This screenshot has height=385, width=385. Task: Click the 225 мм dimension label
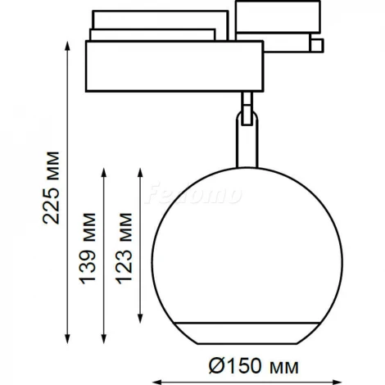click(51, 188)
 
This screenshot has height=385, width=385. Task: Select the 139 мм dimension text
click(88, 248)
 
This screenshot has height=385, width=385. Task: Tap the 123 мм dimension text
click(124, 248)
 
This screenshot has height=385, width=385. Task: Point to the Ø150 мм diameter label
click(254, 366)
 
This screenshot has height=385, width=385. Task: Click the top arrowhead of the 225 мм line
click(67, 46)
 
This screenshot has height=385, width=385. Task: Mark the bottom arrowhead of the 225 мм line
click(67, 338)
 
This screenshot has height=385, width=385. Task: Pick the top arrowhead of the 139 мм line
click(103, 173)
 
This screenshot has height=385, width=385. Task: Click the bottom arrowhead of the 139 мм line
click(103, 338)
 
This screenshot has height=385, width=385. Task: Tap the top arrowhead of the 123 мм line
click(140, 173)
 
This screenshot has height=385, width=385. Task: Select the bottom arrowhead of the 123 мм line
click(140, 318)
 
